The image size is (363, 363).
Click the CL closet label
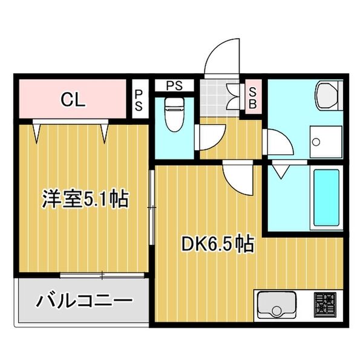(x=72, y=100)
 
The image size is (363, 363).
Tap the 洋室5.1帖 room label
(x=85, y=199)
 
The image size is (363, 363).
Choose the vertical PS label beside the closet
(x=139, y=100)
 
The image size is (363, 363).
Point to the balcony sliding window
(x=103, y=276)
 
